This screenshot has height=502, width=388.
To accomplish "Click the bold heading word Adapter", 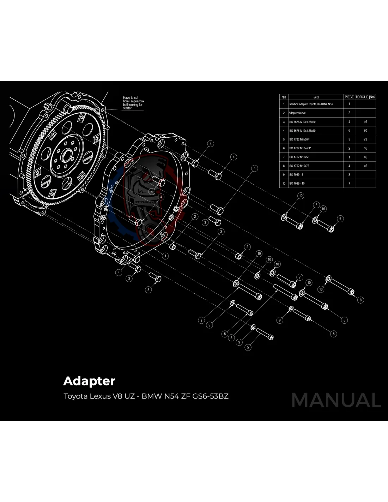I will (89, 381).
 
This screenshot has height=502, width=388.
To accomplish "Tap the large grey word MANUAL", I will (336, 400).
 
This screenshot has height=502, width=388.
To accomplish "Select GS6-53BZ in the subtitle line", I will (210, 396).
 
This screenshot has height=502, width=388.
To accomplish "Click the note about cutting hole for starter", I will (133, 103).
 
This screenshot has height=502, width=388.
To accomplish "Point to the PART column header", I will (316, 97).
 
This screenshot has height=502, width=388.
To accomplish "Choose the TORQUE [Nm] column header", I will (365, 97).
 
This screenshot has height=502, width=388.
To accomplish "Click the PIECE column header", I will (349, 97).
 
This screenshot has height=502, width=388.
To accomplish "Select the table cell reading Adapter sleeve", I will (297, 113).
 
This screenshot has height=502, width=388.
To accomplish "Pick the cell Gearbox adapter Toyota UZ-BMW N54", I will (310, 104).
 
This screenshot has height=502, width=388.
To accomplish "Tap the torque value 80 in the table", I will (365, 131).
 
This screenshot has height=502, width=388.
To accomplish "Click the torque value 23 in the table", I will (365, 139).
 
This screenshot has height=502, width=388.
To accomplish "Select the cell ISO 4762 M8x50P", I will (299, 139).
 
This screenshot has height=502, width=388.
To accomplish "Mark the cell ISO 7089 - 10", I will (297, 184).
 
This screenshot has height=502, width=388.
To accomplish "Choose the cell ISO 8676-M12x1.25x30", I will (302, 131).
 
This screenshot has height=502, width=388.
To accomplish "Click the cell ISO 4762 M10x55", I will (299, 157).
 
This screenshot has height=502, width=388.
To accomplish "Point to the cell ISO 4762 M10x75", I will (299, 166).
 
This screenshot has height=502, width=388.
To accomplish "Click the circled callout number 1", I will (165, 256).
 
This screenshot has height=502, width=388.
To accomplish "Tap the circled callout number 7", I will (300, 277).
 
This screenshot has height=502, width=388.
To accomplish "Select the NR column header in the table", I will (284, 97).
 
